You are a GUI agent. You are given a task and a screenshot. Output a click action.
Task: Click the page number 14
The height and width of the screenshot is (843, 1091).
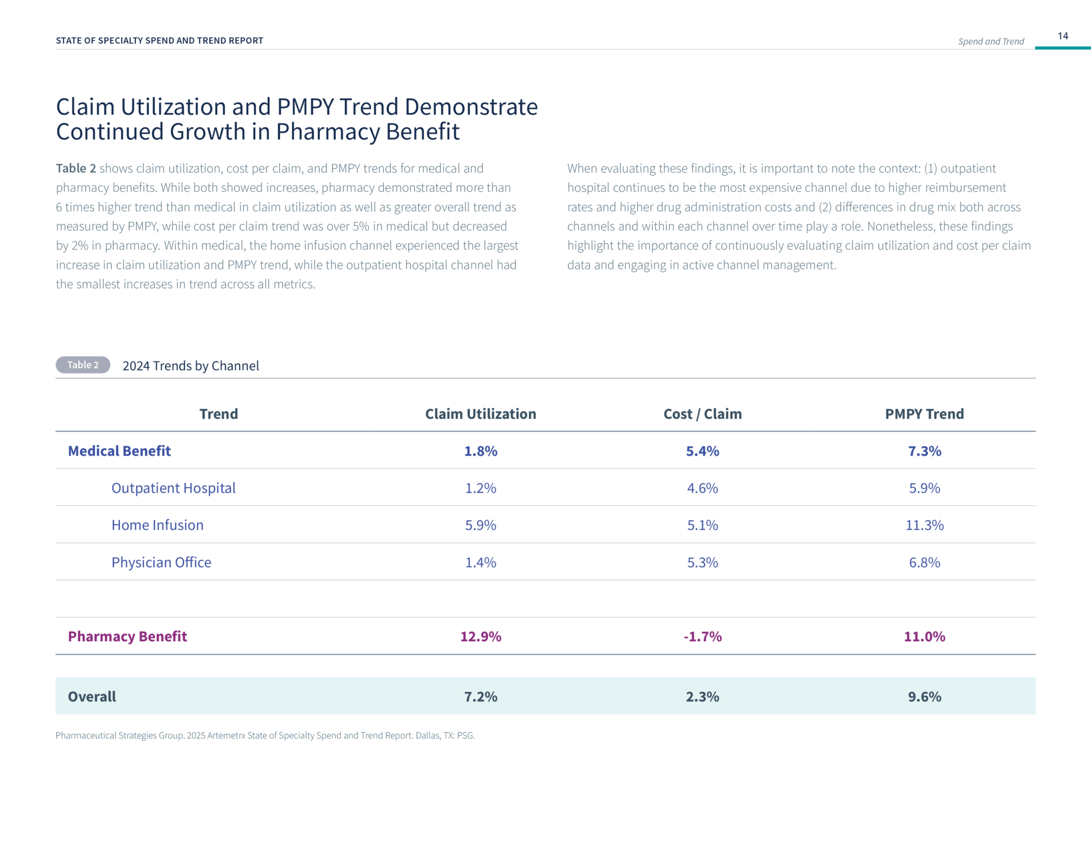1063,36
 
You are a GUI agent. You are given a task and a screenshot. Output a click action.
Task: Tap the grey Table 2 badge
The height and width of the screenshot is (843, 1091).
83,365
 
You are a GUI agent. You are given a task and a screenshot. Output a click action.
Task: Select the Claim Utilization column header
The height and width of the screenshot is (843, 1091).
481,414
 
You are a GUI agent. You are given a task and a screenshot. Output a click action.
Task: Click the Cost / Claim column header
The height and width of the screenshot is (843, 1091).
702,414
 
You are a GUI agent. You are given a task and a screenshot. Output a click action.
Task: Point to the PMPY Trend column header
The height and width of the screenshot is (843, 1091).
925,414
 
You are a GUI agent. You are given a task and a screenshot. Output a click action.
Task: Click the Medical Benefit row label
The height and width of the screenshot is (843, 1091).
119,451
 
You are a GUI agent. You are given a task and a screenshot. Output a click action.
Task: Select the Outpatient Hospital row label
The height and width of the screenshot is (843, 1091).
173,488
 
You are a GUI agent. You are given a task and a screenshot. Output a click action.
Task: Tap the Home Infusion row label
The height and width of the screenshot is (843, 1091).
157,525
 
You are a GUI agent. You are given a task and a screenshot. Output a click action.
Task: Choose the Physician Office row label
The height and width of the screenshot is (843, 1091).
161,562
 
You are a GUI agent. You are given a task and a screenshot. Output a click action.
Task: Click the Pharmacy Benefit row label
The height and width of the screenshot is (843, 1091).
127,637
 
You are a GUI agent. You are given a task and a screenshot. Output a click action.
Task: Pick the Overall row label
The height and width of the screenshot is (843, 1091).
91,696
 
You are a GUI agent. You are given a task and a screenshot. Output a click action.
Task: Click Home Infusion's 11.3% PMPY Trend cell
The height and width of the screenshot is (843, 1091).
925,525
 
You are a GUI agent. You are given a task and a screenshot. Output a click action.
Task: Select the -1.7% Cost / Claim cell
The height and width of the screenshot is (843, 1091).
702,637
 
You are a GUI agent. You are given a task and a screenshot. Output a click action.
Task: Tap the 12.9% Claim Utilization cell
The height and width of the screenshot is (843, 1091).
481,637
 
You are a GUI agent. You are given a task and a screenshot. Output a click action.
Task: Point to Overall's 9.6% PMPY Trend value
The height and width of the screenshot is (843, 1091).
925,696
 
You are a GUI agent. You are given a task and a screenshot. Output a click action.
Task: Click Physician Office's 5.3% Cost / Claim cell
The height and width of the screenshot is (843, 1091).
702,562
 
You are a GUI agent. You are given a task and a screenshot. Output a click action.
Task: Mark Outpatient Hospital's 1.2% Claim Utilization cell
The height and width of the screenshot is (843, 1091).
481,488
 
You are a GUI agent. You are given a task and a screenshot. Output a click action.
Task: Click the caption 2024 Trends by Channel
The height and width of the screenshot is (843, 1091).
190,366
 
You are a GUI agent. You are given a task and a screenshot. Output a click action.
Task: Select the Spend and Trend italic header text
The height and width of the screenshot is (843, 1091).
991,41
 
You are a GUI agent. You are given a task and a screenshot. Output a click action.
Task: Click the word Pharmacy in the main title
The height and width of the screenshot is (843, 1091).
328,132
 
